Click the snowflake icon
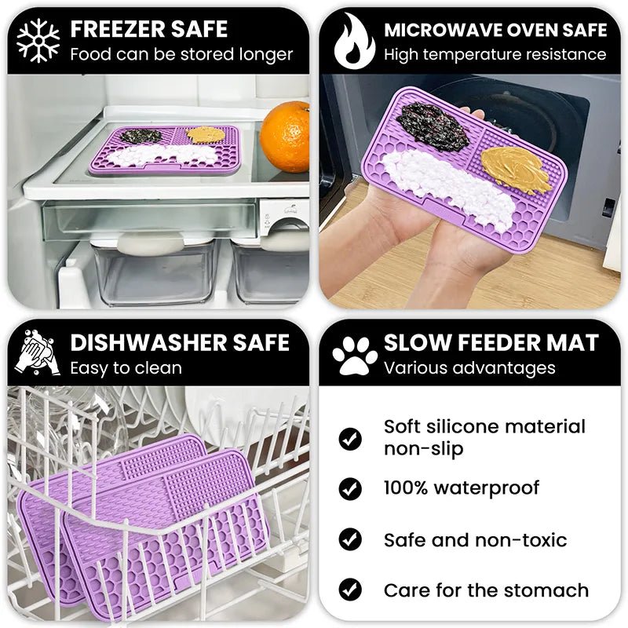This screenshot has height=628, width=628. [x=38, y=41]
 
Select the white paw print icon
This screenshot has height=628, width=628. [x=355, y=356]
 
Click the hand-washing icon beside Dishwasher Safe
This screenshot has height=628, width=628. [x=38, y=355]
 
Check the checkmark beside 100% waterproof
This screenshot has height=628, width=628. [x=350, y=489]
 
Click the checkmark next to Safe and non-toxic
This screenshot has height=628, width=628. [x=350, y=540]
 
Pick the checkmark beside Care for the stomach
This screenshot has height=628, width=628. [x=350, y=590]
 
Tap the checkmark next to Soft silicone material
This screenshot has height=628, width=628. [x=350, y=438]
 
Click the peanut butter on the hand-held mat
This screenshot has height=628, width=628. [x=514, y=167]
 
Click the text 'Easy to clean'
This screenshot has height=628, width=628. [x=126, y=368]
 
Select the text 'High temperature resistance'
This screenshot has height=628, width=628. [x=495, y=55]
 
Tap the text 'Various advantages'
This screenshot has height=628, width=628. [x=469, y=368]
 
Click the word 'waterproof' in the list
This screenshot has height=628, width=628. [x=487, y=488]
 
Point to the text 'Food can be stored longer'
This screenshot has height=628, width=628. [x=181, y=55]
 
